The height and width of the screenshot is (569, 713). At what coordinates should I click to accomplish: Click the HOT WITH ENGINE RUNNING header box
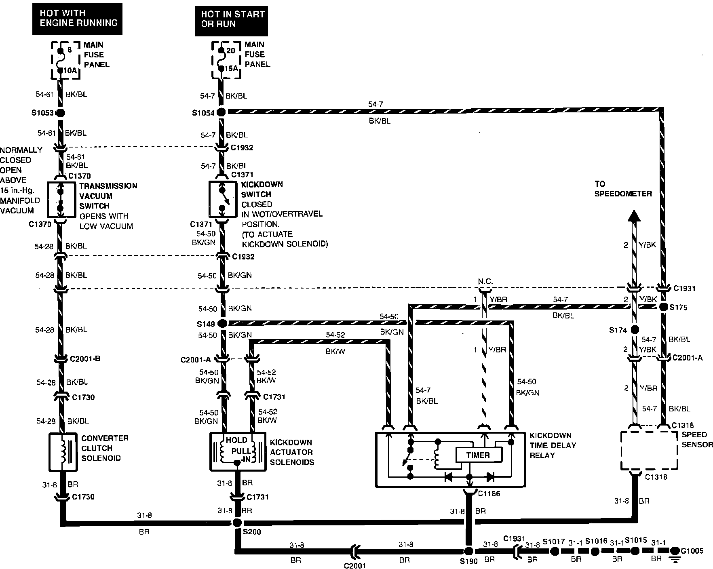(x=78, y=18)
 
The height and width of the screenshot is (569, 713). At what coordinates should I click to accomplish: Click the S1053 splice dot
(x=60, y=113)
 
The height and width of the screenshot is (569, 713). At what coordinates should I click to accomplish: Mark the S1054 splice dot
(x=221, y=112)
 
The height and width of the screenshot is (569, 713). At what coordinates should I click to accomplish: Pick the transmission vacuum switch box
(x=61, y=200)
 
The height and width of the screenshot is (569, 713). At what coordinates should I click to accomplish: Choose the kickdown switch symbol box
(x=223, y=199)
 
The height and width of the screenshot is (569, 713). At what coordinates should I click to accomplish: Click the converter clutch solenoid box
(x=63, y=452)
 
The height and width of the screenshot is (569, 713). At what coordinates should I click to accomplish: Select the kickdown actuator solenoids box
(x=238, y=452)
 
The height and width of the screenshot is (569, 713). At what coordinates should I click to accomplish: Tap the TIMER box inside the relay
(x=479, y=455)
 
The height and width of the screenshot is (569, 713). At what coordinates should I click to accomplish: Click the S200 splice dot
(x=237, y=523)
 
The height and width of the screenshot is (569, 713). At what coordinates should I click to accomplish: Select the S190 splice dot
(x=468, y=551)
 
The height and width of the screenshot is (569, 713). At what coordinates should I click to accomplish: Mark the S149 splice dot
(x=221, y=323)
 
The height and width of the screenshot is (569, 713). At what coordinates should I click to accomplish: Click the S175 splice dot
(x=663, y=307)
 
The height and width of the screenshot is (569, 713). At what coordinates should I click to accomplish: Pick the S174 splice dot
(x=635, y=330)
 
